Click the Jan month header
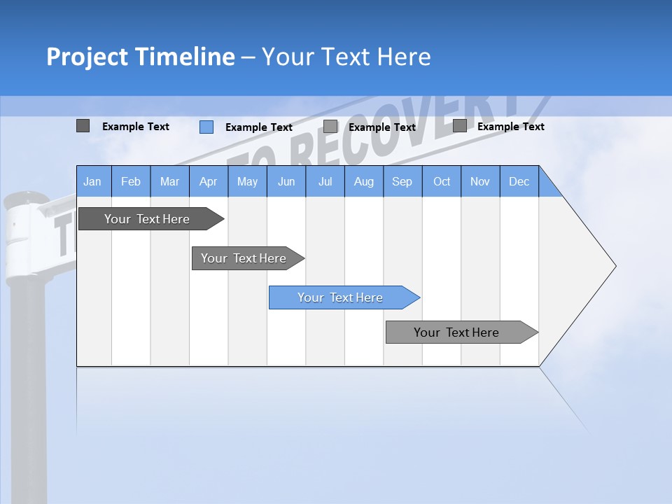(x=93, y=181)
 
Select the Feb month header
(x=131, y=181)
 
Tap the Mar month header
(x=169, y=181)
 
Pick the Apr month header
(x=209, y=181)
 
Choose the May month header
(x=247, y=181)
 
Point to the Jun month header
(x=286, y=181)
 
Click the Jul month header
(x=325, y=181)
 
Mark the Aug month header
(x=364, y=181)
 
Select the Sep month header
(x=402, y=181)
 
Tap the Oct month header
(x=442, y=181)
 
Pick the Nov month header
(x=480, y=181)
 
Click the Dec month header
(x=519, y=181)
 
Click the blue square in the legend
(x=206, y=127)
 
